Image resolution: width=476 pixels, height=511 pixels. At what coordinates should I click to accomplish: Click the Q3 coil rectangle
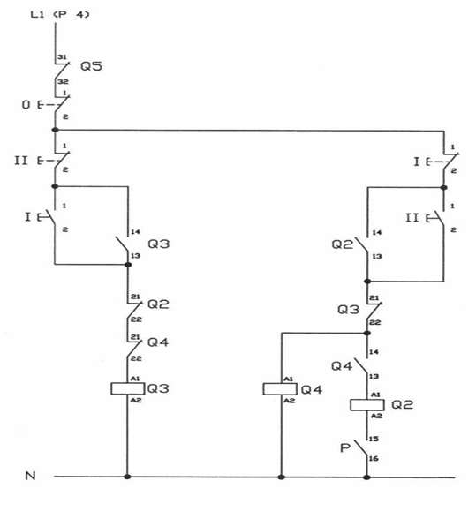coord(127,388)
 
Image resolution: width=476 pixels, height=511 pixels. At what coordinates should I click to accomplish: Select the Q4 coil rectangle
coord(280,389)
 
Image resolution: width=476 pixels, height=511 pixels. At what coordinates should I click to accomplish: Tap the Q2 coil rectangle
coord(367,405)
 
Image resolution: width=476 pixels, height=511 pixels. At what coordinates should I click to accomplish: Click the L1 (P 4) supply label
coord(60,14)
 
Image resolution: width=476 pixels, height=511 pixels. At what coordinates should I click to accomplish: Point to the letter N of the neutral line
coord(30,476)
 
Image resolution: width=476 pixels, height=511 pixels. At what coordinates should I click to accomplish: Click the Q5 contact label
coord(91,66)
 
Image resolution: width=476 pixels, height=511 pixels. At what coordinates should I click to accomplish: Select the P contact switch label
coord(344,447)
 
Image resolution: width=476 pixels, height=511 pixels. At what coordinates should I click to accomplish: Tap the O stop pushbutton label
coord(26,105)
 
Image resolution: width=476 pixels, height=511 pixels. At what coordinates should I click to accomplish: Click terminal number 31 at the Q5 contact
coord(62,57)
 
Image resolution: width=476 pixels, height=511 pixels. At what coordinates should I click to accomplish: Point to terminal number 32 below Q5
coord(63,81)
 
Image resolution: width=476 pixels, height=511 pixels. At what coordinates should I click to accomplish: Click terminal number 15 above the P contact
coord(374,439)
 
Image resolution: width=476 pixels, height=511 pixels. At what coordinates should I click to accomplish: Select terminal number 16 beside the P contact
coord(374,458)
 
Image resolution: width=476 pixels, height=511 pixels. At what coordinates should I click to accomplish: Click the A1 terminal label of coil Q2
coord(376,395)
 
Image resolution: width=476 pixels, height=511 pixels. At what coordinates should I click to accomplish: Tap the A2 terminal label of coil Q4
coord(289,401)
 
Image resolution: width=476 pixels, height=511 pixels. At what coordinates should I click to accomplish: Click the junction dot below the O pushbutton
coord(55,130)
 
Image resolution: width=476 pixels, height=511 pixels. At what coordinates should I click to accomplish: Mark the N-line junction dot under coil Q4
coord(281,477)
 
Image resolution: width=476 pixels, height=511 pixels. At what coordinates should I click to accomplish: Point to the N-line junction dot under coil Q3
coord(127,477)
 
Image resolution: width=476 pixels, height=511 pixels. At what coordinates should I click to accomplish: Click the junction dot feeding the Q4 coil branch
coord(367,333)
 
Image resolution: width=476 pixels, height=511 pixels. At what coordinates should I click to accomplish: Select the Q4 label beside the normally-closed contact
coord(158,342)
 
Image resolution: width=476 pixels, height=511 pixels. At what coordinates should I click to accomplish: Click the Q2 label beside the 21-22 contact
coord(158,304)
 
